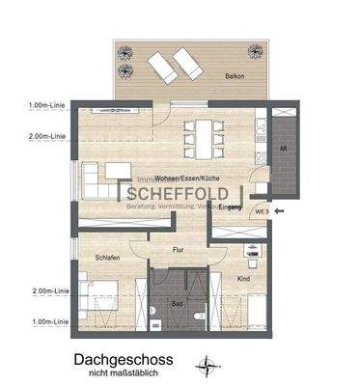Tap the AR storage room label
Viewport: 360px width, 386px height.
[x=283, y=149]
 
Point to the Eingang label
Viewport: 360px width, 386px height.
[x=230, y=207]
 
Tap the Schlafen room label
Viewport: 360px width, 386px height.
[x=106, y=258]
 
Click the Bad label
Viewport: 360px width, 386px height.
[x=178, y=303]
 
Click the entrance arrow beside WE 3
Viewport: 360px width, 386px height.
[x=280, y=209]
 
